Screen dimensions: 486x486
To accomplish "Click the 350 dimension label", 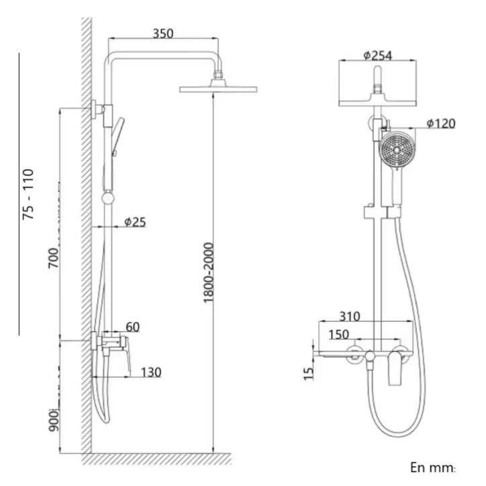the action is (x=163, y=34).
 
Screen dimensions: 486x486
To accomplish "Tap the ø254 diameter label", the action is (x=378, y=56).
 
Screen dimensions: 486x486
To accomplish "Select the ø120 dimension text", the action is (x=441, y=124).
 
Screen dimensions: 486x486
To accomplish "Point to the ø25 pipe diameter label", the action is (x=135, y=222).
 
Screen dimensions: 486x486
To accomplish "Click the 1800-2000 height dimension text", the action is (x=209, y=273).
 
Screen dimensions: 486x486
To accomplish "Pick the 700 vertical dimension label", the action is (x=53, y=258).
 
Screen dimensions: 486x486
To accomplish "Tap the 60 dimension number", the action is (x=133, y=327).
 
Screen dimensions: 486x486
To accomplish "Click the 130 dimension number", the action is (x=151, y=373).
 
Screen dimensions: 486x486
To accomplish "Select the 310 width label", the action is (x=350, y=316).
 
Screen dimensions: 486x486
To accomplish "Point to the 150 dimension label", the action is (x=339, y=335).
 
